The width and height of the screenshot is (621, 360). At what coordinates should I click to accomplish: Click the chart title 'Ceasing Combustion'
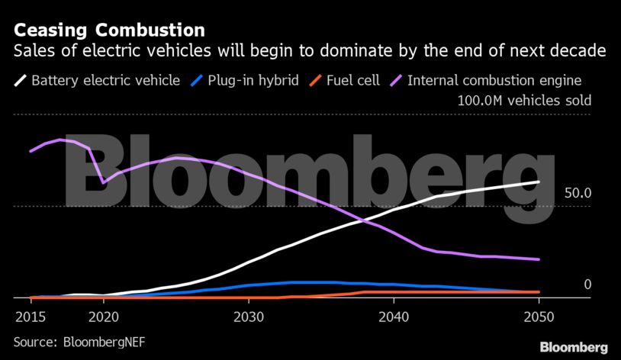pyautogui.click(x=109, y=31)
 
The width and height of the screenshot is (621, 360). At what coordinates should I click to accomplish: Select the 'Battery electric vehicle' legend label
pyautogui.click(x=105, y=80)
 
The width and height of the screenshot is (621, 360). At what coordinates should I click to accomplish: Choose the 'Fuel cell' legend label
pyautogui.click(x=352, y=80)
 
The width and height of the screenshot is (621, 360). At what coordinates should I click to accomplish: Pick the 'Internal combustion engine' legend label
pyautogui.click(x=495, y=80)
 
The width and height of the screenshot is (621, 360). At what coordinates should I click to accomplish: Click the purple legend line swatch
pyautogui.click(x=397, y=80)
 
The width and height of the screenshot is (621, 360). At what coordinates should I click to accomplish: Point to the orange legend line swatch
pyautogui.click(x=315, y=80)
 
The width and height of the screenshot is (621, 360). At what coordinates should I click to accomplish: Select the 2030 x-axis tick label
pyautogui.click(x=248, y=316)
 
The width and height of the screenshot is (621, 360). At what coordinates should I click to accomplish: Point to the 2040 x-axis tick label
pyautogui.click(x=393, y=316)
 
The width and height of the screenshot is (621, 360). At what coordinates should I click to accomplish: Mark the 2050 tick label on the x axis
pyautogui.click(x=539, y=316)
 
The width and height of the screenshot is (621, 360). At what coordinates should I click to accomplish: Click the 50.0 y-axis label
pyautogui.click(x=578, y=194)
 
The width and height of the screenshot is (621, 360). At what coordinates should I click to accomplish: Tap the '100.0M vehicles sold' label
pyautogui.click(x=524, y=101)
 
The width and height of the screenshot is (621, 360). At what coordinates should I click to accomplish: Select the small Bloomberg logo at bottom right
pyautogui.click(x=574, y=347)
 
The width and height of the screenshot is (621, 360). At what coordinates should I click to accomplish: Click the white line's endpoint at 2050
pyautogui.click(x=539, y=182)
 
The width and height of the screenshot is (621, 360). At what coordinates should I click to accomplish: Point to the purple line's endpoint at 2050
pyautogui.click(x=539, y=260)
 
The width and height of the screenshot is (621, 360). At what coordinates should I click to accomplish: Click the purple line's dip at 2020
pyautogui.click(x=104, y=182)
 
